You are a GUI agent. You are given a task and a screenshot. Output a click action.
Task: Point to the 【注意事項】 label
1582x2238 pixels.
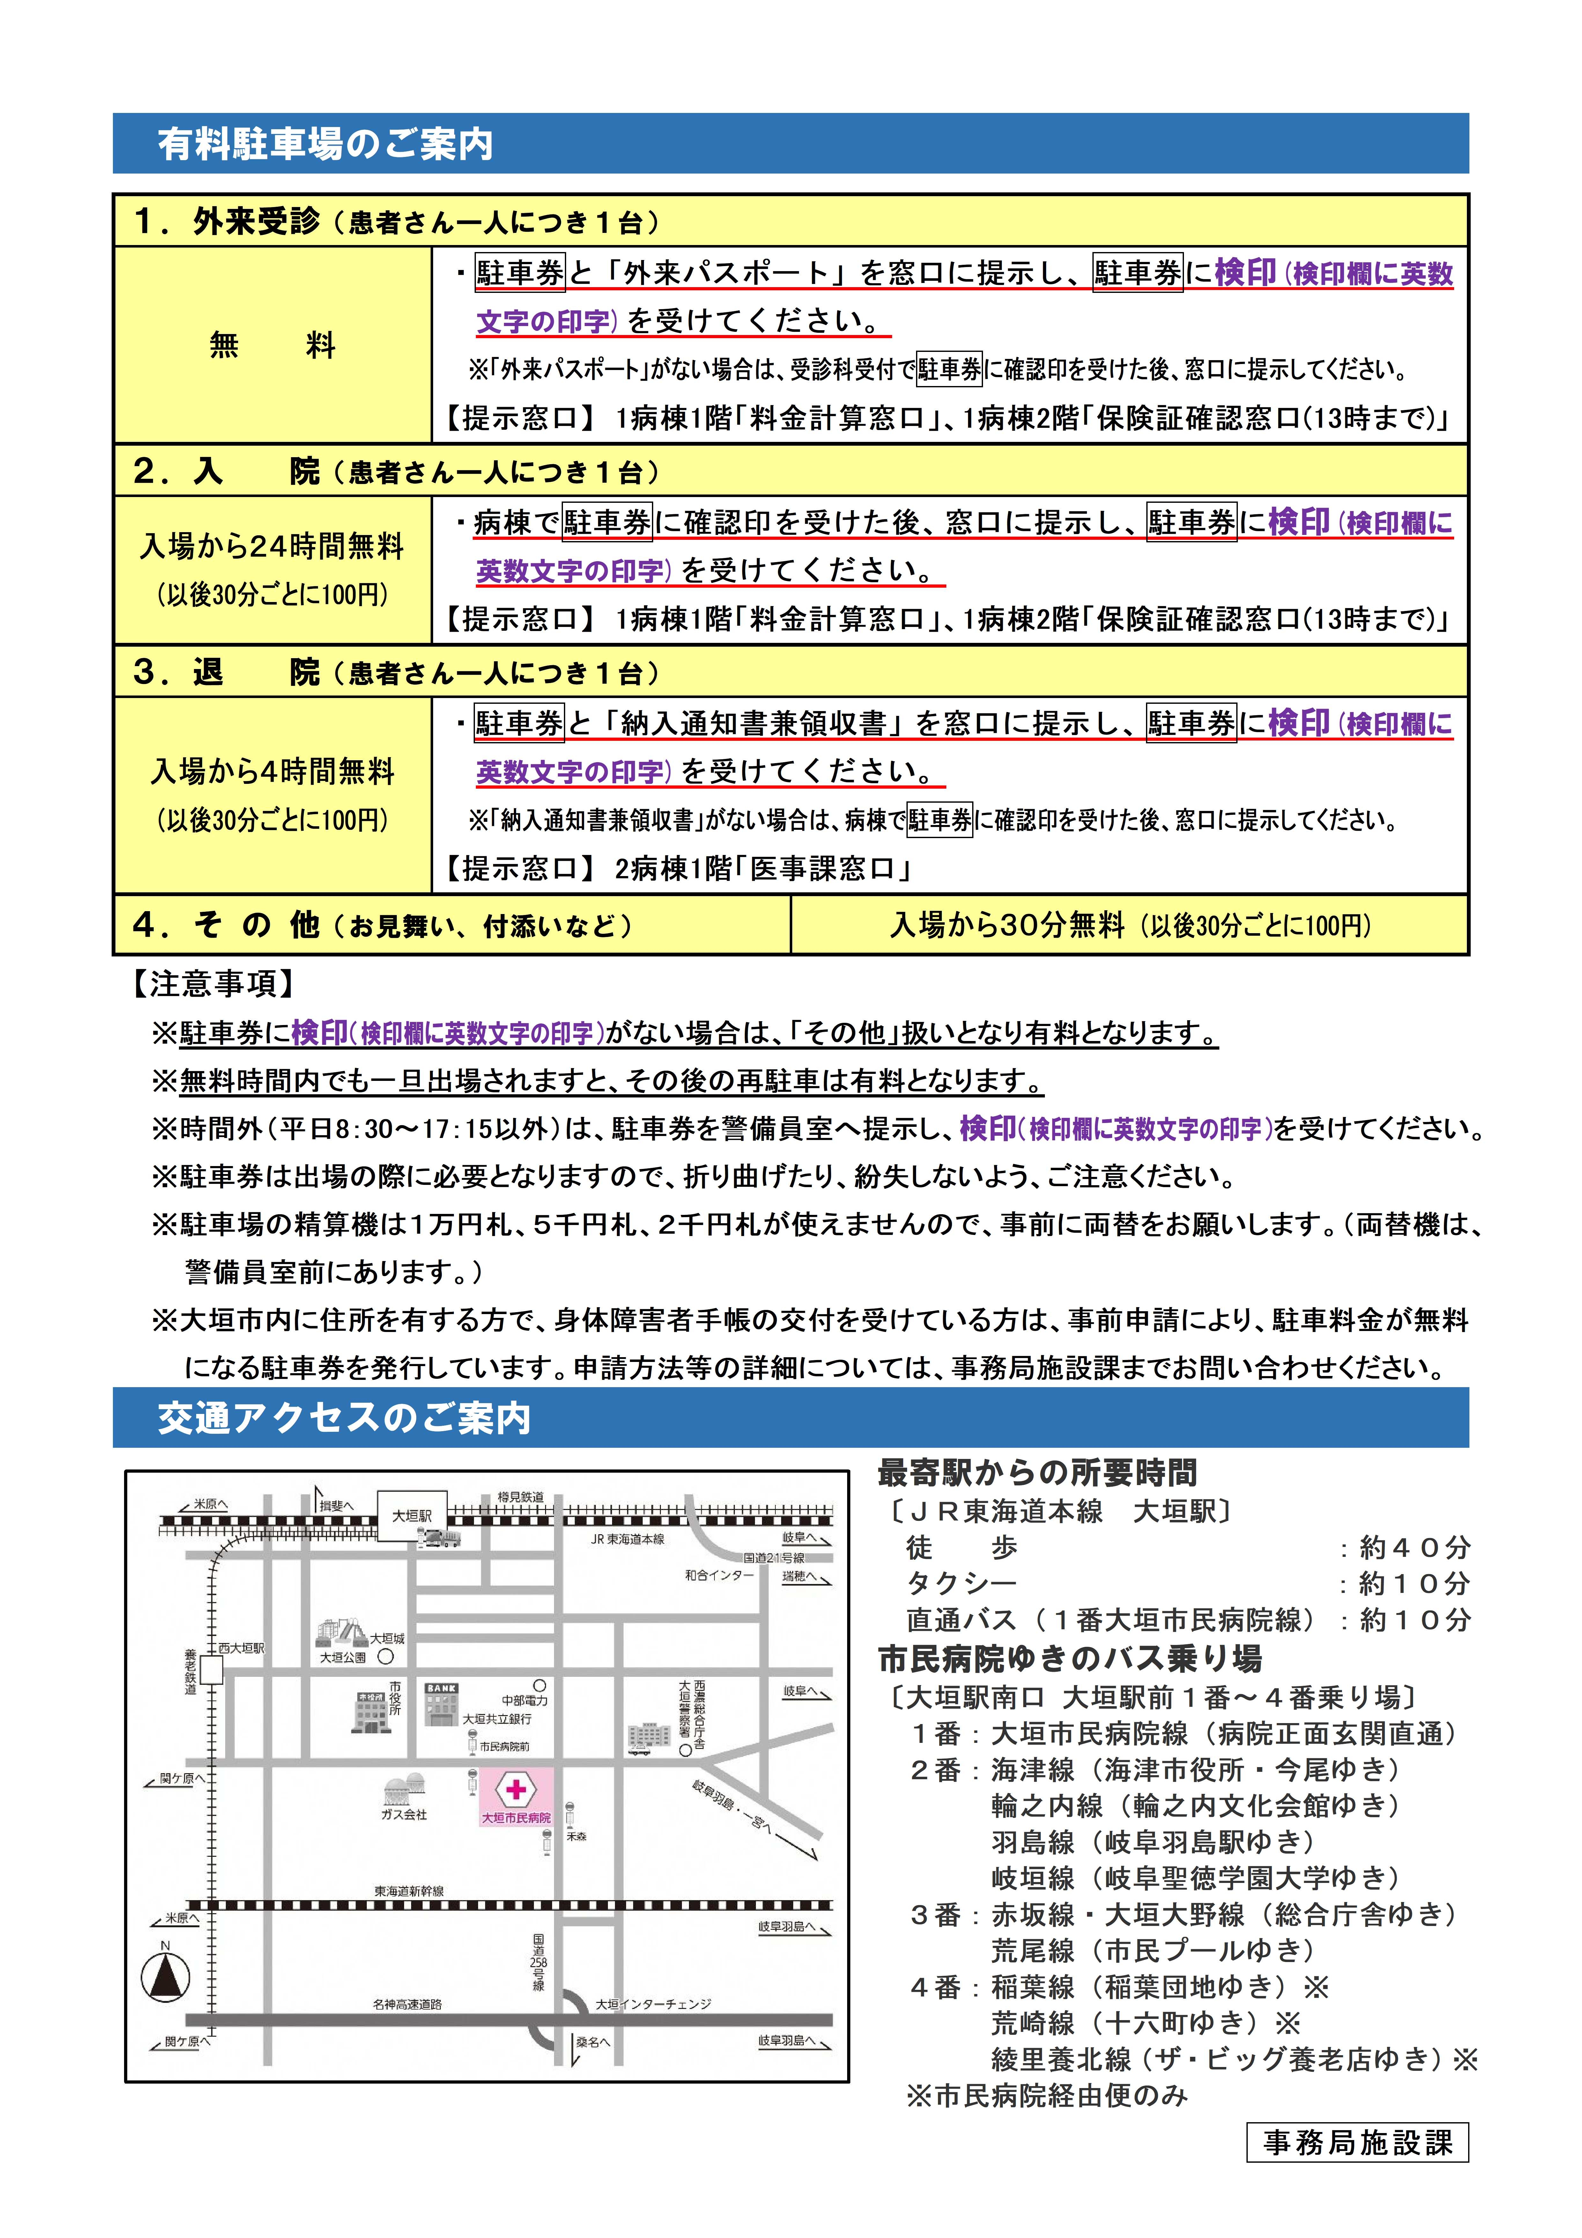212,984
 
